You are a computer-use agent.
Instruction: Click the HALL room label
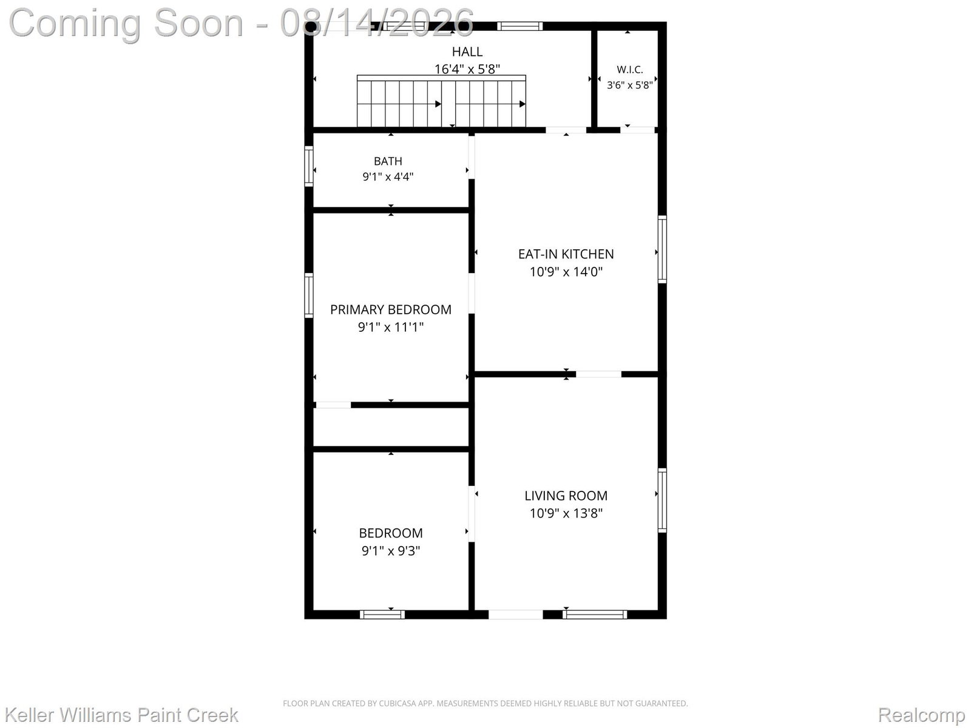[x=467, y=52]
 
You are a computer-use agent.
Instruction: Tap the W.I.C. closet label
[x=629, y=69]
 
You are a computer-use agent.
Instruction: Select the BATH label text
[x=388, y=161]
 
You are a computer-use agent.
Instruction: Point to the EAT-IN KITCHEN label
[x=566, y=254]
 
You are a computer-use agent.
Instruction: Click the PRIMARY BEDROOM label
[x=391, y=309]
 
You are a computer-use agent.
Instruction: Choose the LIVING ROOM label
[x=566, y=496]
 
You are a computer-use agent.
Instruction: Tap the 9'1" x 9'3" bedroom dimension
[x=391, y=551]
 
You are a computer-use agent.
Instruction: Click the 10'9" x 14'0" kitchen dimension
[x=566, y=272]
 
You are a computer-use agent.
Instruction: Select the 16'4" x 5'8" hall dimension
[x=467, y=69]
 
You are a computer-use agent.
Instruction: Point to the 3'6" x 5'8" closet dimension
[x=629, y=85]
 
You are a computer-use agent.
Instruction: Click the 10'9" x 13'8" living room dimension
[x=566, y=513]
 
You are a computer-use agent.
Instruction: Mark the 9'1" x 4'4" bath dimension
[x=388, y=177]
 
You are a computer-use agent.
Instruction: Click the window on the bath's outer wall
[x=309, y=166]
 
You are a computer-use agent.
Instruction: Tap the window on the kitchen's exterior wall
[x=662, y=249]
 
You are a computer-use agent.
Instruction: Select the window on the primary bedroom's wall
[x=309, y=295]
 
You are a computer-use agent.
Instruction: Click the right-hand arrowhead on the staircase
[x=523, y=104]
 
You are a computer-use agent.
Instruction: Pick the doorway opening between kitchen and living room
[x=598, y=374]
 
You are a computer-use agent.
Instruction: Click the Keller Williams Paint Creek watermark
[x=121, y=715]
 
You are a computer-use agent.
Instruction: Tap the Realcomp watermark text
[x=921, y=715]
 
